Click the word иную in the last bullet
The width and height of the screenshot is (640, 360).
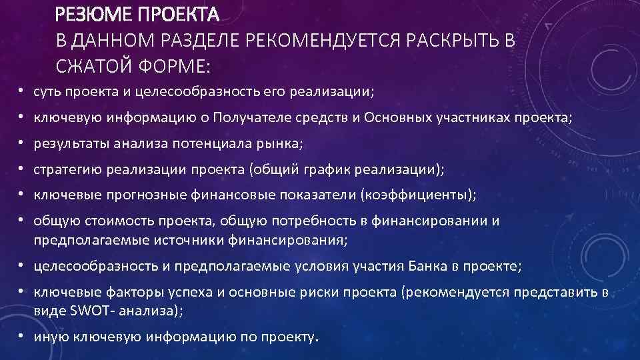[49, 337]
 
